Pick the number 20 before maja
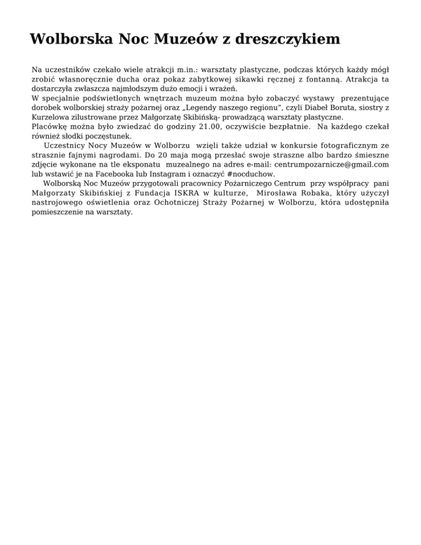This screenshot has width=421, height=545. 157,155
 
